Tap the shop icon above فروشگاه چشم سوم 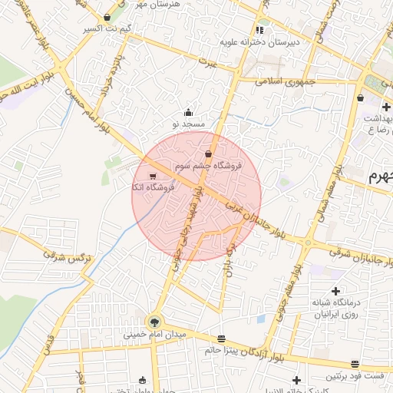point(208,154)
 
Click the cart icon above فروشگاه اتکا point(154,176)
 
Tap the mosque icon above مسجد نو point(189,112)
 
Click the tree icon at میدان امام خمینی point(155,322)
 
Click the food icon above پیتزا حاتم point(222,339)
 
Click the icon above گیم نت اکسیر point(107,17)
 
